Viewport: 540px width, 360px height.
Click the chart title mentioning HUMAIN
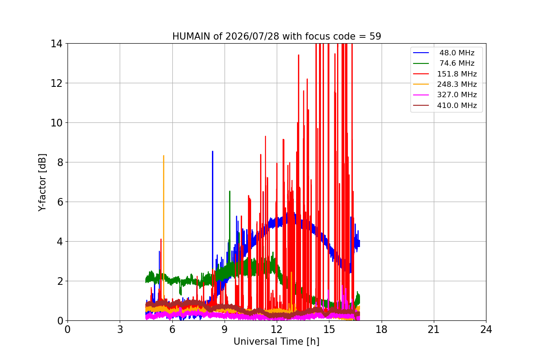pyautogui.click(x=276, y=36)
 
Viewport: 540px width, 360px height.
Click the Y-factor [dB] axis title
pyautogui.click(x=42, y=182)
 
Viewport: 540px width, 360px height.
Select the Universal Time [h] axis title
pyautogui.click(x=276, y=342)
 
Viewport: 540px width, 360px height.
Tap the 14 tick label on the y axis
pyautogui.click(x=56, y=44)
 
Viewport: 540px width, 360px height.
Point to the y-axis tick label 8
pyautogui.click(x=60, y=162)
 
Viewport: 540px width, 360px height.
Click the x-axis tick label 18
pyautogui.click(x=382, y=329)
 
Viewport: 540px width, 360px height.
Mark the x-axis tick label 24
pyautogui.click(x=486, y=329)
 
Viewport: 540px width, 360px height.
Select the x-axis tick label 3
pyautogui.click(x=120, y=329)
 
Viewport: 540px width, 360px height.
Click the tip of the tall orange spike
pyautogui.click(x=164, y=156)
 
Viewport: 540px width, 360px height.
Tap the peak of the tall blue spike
pyautogui.click(x=212, y=152)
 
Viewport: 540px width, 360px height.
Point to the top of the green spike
pyautogui.click(x=230, y=191)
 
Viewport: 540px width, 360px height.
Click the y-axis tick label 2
pyautogui.click(x=60, y=281)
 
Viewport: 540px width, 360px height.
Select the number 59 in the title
pyautogui.click(x=375, y=36)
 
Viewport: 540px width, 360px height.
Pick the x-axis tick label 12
pyautogui.click(x=277, y=329)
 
